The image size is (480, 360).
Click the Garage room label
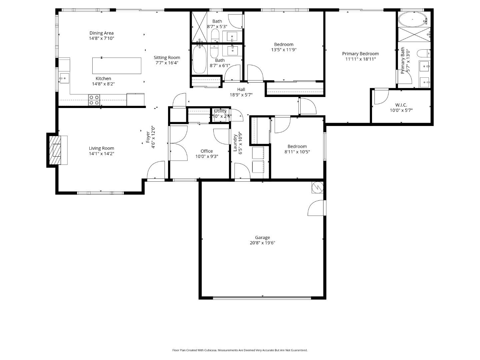(x=262, y=238)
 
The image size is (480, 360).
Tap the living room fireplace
(x=56, y=150)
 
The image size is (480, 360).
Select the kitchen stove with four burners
(x=94, y=100)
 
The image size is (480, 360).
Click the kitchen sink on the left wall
(x=64, y=79)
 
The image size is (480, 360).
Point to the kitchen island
(x=117, y=66)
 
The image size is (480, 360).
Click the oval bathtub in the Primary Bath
(x=412, y=20)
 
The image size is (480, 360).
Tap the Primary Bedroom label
(x=360, y=54)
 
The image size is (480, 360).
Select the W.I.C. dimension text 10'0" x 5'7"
(x=401, y=110)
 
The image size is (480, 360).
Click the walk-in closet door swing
(x=381, y=97)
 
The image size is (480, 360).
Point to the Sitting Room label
(x=167, y=58)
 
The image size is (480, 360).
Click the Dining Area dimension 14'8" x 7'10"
(x=101, y=38)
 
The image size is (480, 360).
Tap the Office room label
(x=207, y=151)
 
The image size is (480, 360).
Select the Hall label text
(x=241, y=89)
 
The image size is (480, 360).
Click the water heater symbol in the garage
(x=317, y=187)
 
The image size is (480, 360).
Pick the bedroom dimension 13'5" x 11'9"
(x=284, y=50)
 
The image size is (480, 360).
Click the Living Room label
(x=101, y=148)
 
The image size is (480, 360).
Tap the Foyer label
(x=148, y=137)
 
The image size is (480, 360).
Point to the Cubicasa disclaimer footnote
(x=240, y=350)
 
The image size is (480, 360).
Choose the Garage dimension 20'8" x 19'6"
(x=262, y=243)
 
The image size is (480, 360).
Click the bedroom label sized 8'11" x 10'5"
(x=297, y=146)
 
